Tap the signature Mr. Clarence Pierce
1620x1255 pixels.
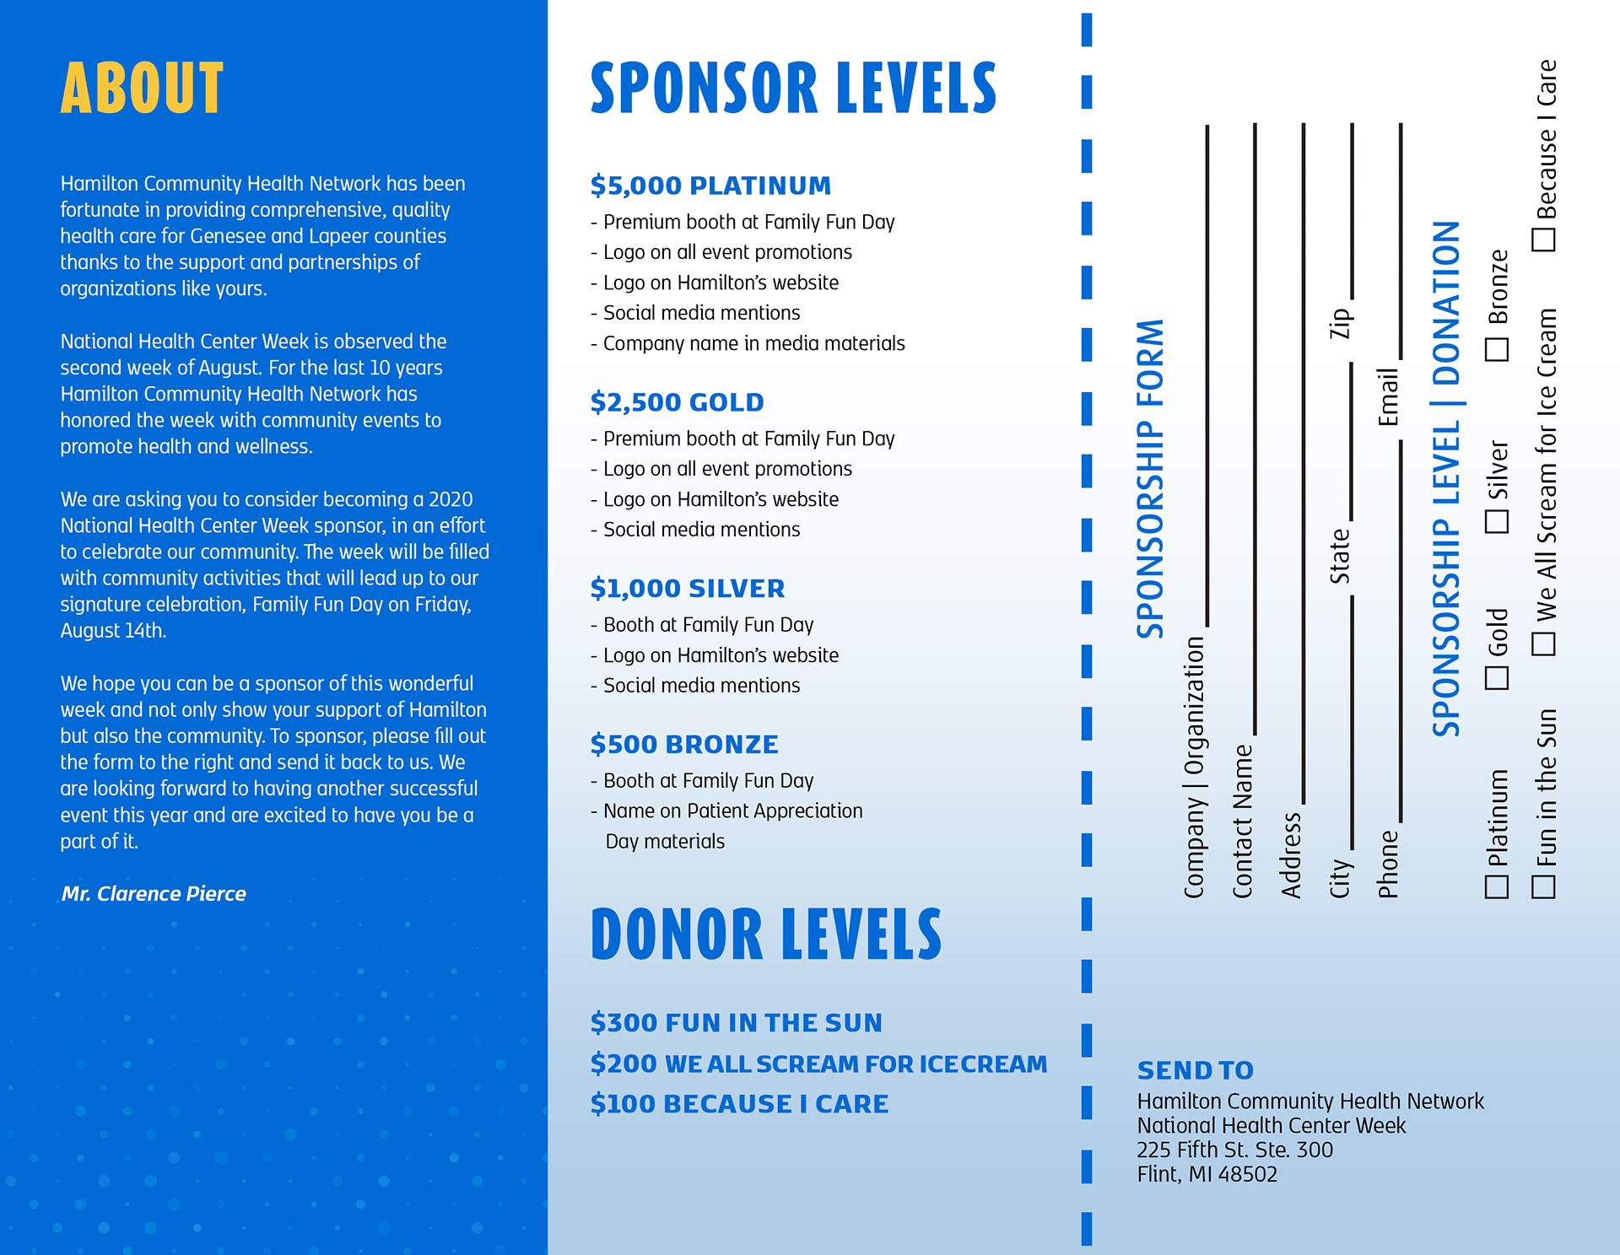tap(154, 894)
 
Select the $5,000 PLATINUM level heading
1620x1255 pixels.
tap(710, 186)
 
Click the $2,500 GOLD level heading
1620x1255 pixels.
tap(677, 402)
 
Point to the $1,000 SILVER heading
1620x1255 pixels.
tap(687, 588)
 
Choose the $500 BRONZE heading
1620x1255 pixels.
tap(683, 744)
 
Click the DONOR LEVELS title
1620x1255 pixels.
tap(765, 935)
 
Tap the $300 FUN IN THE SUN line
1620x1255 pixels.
tap(736, 1022)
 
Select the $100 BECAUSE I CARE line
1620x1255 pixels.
tap(739, 1103)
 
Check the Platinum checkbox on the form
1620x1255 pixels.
tap(1496, 886)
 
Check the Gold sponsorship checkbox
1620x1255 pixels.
tap(1496, 677)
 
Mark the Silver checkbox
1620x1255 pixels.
tap(1496, 521)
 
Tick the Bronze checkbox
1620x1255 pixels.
tap(1496, 349)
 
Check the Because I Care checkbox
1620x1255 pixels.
tap(1543, 240)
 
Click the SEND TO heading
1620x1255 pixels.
tap(1195, 1070)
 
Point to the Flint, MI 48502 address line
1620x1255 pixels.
tap(1207, 1174)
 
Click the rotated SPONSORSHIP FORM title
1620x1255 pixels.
tap(1149, 478)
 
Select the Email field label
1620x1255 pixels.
tap(1388, 396)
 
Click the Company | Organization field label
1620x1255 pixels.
tap(1194, 767)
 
